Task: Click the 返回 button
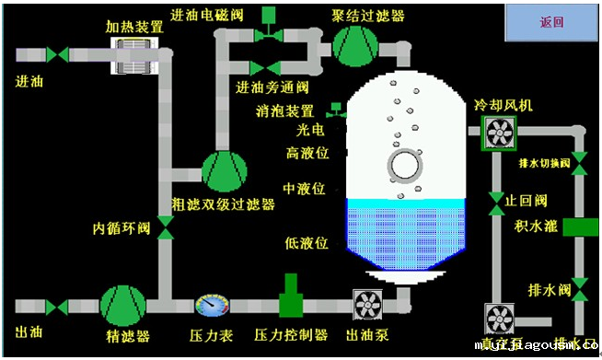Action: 552,22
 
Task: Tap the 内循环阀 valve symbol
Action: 166,226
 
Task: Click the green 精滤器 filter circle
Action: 122,305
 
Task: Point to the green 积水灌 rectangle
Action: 580,226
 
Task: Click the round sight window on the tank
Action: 403,167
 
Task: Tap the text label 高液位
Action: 307,152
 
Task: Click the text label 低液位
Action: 307,243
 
